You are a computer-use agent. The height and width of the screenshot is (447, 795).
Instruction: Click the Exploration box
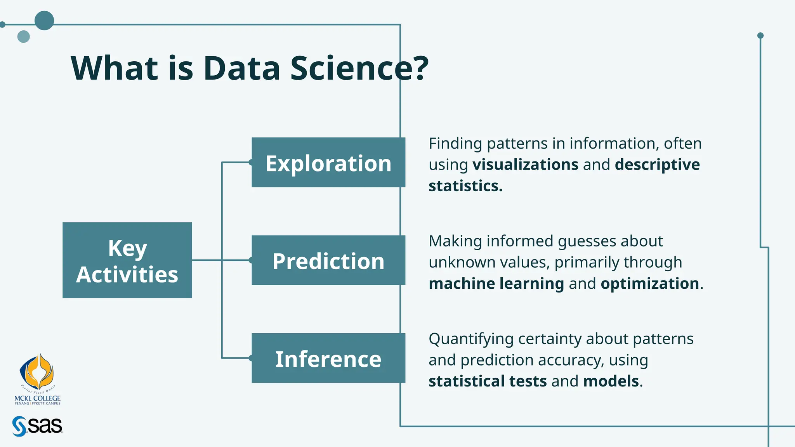click(x=328, y=163)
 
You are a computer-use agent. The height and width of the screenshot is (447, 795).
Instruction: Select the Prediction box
click(x=328, y=260)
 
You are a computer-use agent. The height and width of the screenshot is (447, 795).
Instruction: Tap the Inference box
click(x=328, y=358)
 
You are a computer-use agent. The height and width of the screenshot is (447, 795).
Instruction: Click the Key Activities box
click(x=127, y=260)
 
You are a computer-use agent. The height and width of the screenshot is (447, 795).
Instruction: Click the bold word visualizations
click(x=525, y=165)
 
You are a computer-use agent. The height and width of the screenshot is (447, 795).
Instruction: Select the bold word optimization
click(x=650, y=283)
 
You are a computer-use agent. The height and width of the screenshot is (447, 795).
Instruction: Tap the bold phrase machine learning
click(x=496, y=283)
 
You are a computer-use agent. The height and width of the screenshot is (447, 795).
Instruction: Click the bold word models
click(x=611, y=381)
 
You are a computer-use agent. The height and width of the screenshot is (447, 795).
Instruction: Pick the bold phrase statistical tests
click(x=488, y=381)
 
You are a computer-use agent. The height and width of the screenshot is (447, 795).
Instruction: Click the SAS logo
click(x=37, y=426)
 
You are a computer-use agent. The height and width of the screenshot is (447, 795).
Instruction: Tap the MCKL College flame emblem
click(x=37, y=372)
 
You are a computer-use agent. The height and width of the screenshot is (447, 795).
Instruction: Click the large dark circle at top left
click(x=44, y=21)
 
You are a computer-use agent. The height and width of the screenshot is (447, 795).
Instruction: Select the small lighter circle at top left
click(x=24, y=36)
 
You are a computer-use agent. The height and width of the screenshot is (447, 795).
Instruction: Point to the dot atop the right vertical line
click(x=760, y=36)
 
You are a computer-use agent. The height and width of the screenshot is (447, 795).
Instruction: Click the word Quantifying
click(x=471, y=339)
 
